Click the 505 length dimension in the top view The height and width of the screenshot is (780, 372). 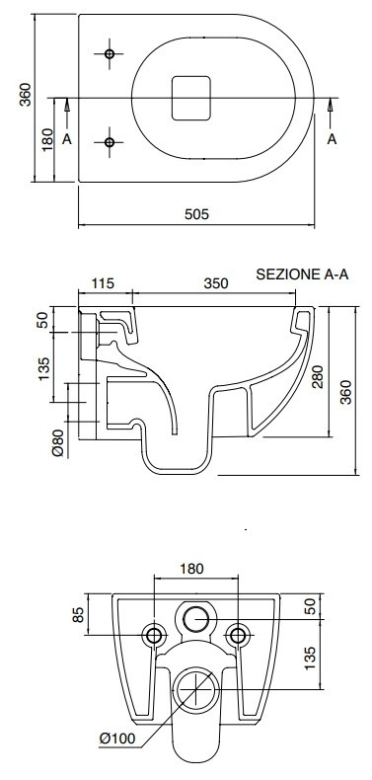(x=197, y=214)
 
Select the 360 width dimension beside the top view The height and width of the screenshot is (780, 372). (x=26, y=95)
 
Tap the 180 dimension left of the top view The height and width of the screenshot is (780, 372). (x=46, y=140)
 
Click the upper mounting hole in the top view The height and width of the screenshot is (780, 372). (x=110, y=53)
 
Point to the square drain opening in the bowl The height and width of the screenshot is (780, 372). (x=191, y=98)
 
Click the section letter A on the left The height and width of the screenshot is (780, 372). (x=67, y=139)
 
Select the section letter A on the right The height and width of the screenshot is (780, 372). (x=333, y=139)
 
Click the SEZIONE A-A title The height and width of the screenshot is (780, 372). (x=302, y=274)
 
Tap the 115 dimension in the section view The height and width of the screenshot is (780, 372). (x=103, y=283)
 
